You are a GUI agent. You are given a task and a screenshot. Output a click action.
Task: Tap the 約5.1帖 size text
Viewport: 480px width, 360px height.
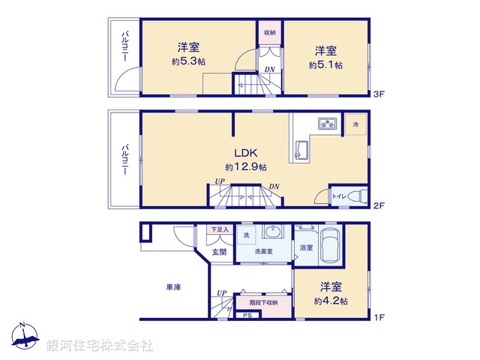325,65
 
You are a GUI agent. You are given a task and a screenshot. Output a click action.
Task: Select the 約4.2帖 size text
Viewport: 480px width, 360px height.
331,301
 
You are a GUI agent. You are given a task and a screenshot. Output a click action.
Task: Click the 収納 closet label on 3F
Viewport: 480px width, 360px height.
269,32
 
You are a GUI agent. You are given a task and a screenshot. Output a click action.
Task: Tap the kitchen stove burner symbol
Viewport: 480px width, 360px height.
327,124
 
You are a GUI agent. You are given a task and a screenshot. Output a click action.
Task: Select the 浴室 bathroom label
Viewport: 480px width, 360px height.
306,247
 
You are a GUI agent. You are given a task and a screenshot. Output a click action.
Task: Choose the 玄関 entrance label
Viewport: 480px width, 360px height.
218,252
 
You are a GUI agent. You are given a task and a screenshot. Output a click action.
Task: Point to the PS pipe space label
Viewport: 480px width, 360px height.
247,316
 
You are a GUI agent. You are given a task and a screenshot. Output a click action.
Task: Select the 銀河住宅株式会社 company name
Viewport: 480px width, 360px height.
100,346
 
